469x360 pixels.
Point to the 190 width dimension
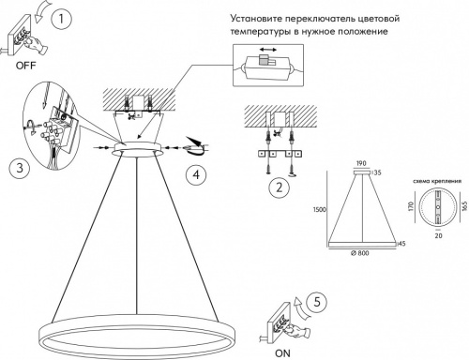coord(359,162)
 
